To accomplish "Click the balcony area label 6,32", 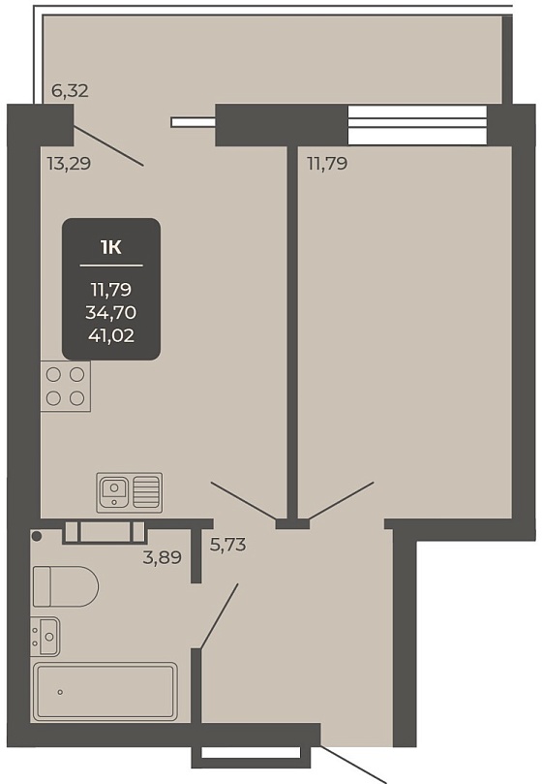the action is [x=70, y=90].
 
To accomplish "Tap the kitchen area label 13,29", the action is [x=69, y=164].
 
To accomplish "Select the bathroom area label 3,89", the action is [x=163, y=557].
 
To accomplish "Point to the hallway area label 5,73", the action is [x=227, y=544].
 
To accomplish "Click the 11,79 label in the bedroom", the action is [x=327, y=164].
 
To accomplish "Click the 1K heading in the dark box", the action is [x=111, y=247].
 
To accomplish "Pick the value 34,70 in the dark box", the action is [x=111, y=312].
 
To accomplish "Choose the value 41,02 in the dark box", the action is [x=111, y=335].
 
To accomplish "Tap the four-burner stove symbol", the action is [x=66, y=387].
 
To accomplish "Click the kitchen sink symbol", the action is [x=130, y=492].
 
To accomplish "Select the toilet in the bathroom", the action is [x=66, y=586].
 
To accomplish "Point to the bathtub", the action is [x=105, y=692].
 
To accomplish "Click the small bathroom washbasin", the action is [x=45, y=636].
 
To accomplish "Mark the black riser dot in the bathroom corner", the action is [x=37, y=536].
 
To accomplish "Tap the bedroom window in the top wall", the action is [x=417, y=124].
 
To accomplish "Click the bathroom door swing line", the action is [x=219, y=616].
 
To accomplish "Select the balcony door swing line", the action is [x=109, y=146].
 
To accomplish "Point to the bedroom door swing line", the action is [x=342, y=500].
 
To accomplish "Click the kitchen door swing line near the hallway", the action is [x=243, y=500].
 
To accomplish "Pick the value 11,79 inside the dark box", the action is [x=111, y=290].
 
